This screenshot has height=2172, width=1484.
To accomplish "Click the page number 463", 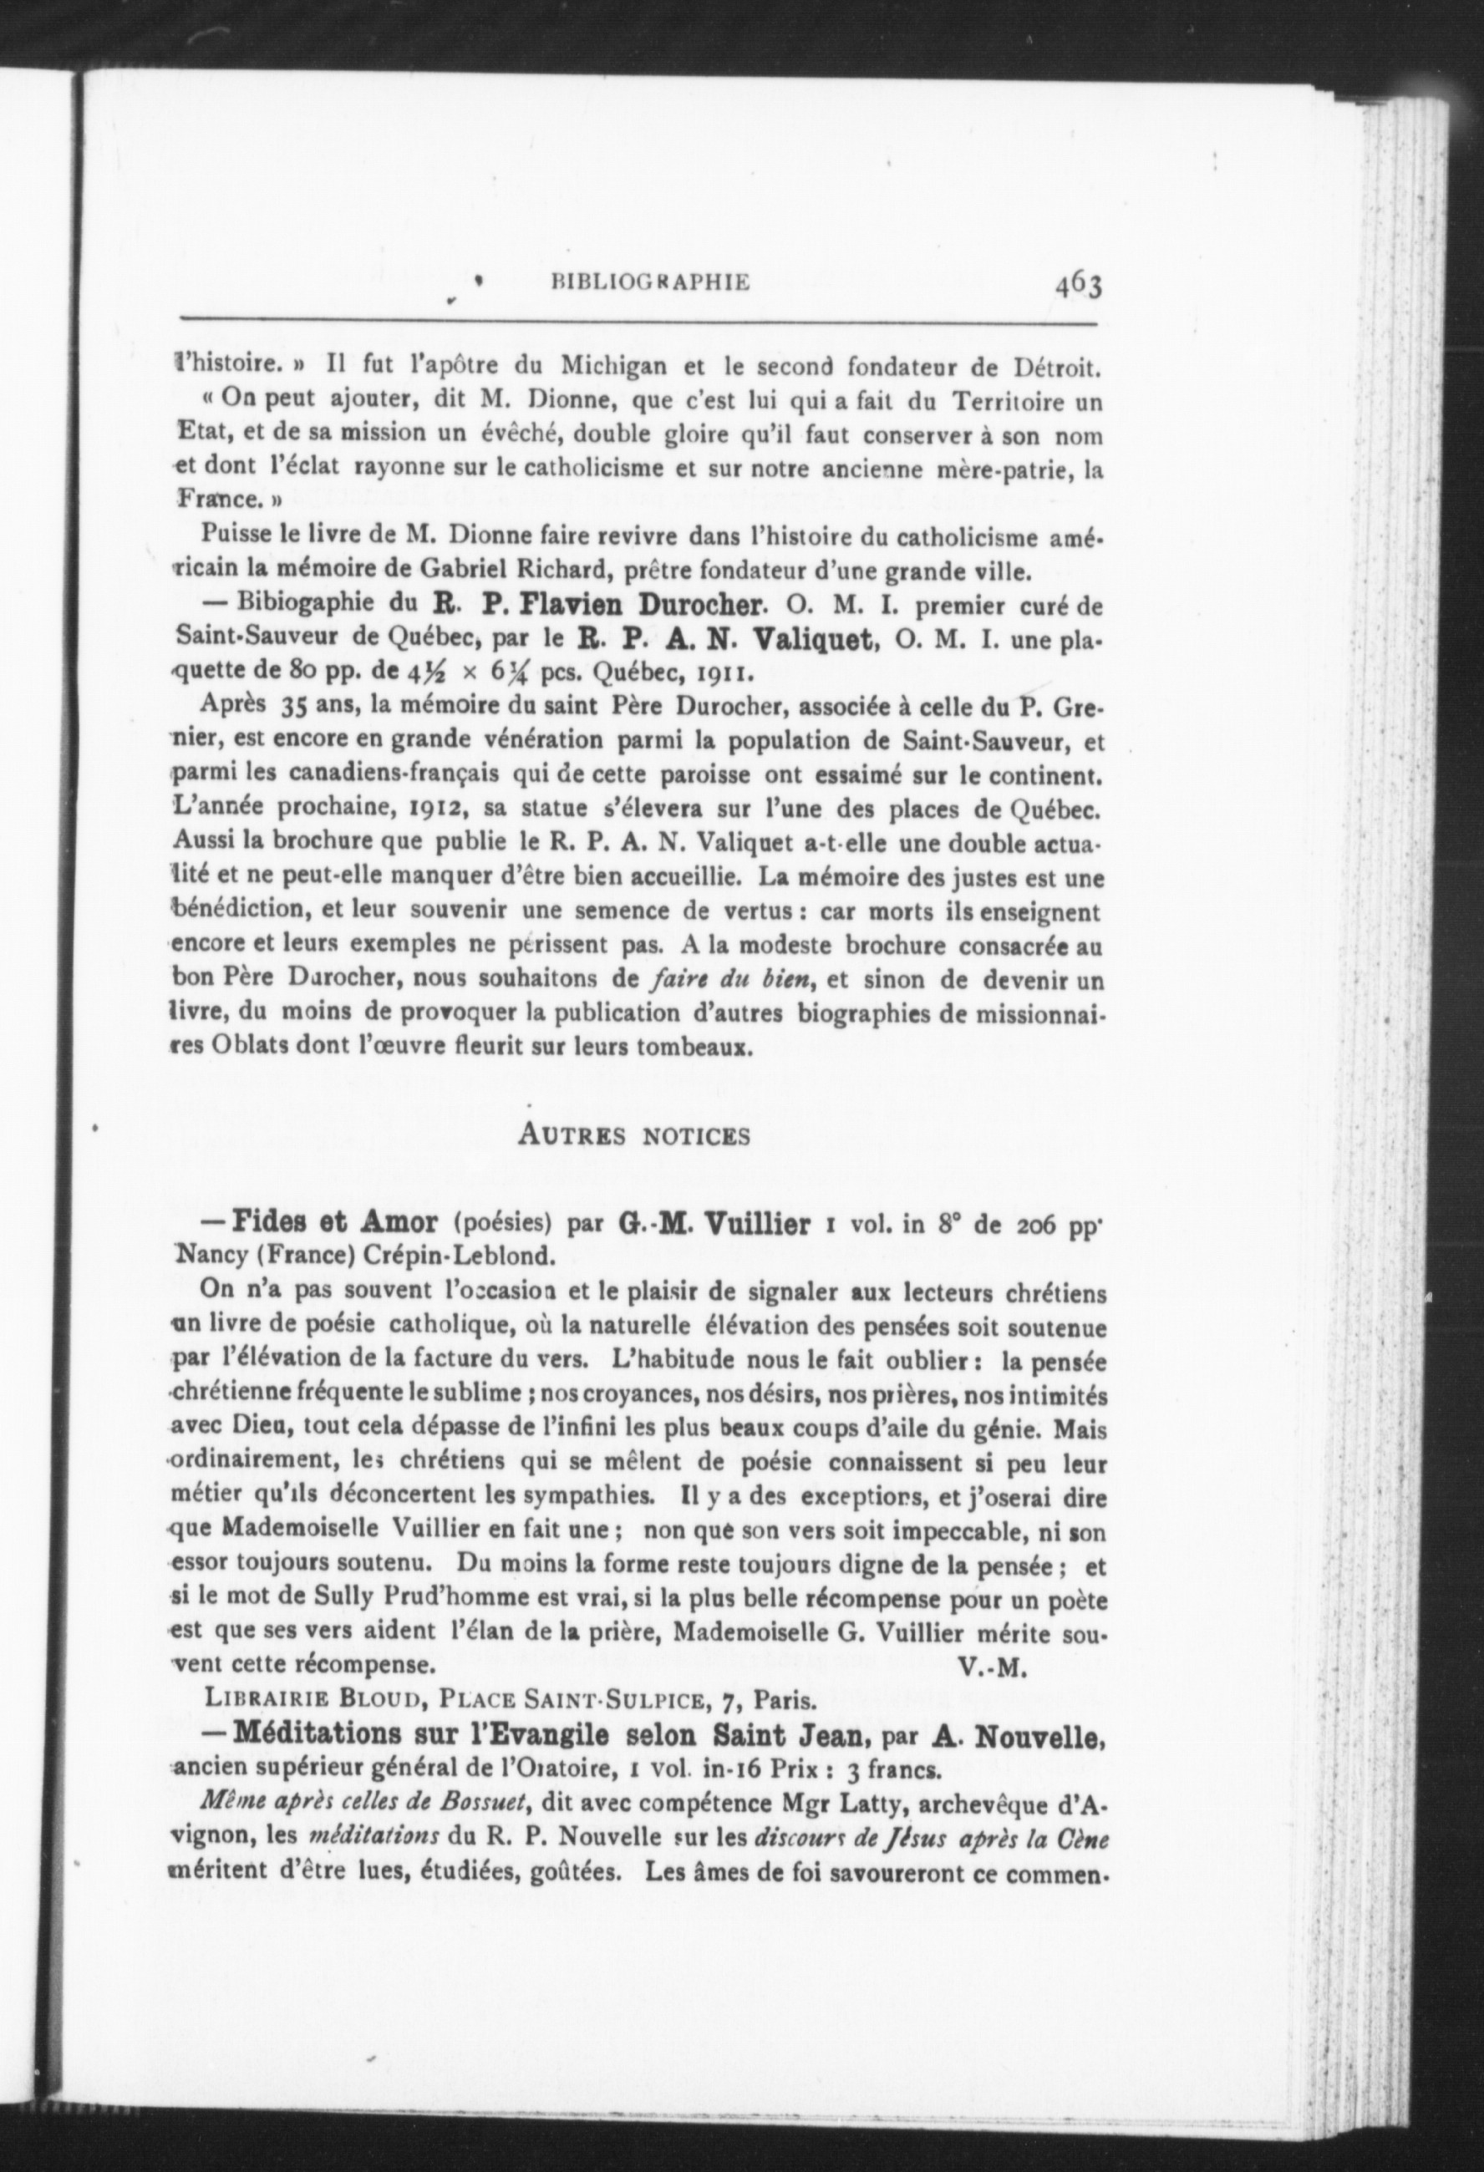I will click(x=1079, y=283).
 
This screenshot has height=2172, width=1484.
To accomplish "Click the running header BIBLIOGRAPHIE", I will click(x=651, y=282).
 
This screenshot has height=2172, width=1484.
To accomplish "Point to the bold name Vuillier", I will click(x=760, y=1225).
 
